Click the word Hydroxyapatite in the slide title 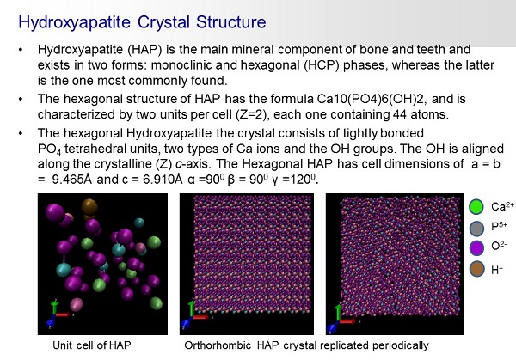(x=74, y=22)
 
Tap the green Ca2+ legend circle (x=476, y=206)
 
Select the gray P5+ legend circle (x=476, y=228)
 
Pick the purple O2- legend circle (x=476, y=247)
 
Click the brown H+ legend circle (x=476, y=269)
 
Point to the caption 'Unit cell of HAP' (x=92, y=345)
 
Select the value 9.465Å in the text (x=72, y=180)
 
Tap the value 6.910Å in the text (x=163, y=180)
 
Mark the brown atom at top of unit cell (x=89, y=206)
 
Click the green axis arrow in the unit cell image (x=54, y=307)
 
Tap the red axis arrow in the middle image (x=200, y=317)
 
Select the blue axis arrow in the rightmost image (x=333, y=326)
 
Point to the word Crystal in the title (x=163, y=22)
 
